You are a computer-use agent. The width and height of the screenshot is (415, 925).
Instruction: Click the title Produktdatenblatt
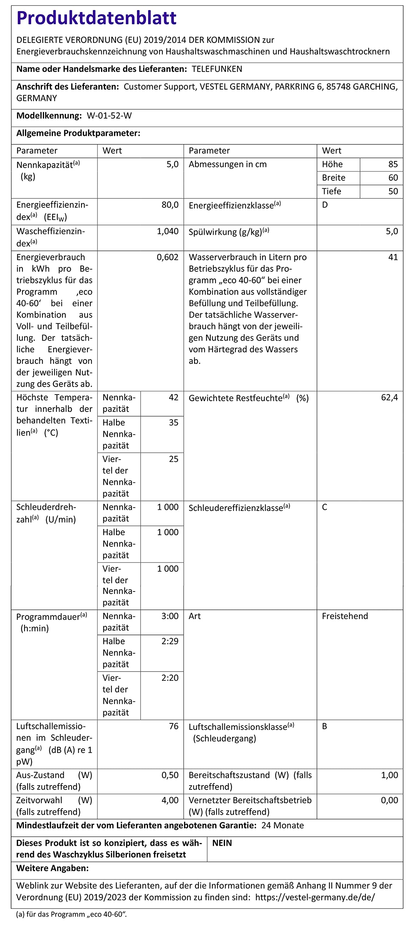[x=97, y=18]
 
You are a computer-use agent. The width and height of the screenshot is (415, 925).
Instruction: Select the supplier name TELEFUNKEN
[x=217, y=69]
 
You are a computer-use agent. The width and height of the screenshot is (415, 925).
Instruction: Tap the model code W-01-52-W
[x=109, y=116]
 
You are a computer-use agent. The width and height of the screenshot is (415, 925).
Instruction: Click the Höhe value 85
[x=393, y=164]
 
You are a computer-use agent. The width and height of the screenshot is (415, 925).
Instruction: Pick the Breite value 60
[x=393, y=178]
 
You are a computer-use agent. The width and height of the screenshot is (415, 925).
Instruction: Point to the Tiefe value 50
[x=393, y=191]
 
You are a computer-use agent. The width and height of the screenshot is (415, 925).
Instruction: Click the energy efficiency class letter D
[x=325, y=205]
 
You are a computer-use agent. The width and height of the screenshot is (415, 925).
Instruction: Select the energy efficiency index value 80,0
[x=170, y=205]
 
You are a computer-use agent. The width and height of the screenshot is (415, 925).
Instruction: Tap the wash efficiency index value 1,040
[x=167, y=231]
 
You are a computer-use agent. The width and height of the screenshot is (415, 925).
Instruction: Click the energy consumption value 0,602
[x=167, y=257]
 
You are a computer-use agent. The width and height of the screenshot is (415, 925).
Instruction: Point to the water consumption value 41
[x=393, y=257]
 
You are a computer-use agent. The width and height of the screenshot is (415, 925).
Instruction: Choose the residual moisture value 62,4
[x=389, y=397]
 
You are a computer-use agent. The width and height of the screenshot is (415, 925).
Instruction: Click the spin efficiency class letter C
[x=325, y=507]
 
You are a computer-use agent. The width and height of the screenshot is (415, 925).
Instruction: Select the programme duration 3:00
[x=170, y=616]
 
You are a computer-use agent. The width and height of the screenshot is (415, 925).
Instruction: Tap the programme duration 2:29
[x=170, y=641]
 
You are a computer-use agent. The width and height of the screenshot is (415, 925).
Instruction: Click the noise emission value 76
[x=174, y=726]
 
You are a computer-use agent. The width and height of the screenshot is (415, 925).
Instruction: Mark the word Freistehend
[x=345, y=616]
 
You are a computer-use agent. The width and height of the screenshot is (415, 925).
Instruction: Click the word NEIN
[x=222, y=843]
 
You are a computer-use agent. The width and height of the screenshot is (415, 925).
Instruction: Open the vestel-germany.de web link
[x=315, y=897]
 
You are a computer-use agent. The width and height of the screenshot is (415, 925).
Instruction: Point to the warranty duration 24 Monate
[x=282, y=825]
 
